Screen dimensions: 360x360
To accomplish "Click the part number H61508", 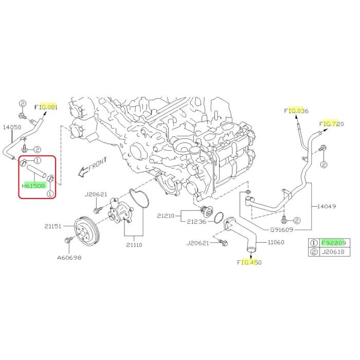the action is pos(34,186).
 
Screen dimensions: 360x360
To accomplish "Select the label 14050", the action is pos(12,127).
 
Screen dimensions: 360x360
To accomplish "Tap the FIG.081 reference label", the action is pos(46,107).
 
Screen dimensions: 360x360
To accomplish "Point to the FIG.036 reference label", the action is pos(296,111).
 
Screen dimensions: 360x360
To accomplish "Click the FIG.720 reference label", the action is pos(332,124).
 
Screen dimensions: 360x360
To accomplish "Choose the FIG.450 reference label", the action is pos(249,262).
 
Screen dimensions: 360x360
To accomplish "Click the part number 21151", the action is pos(53,226).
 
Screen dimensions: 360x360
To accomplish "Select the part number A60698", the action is pos(69,258).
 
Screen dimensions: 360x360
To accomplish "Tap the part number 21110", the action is pos(134,245).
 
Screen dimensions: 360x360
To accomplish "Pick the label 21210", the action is pos(166,216).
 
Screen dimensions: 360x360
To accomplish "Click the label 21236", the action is pos(196,222).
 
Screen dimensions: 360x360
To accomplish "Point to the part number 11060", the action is pos(276,242).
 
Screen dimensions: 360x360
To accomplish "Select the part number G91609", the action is pos(282,229).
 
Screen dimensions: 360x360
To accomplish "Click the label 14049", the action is pos(327,206).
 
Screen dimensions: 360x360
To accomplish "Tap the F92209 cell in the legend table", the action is pos(334,243).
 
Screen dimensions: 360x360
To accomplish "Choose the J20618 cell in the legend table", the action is pos(334,252).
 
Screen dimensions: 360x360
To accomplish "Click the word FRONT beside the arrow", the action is pos(98,164).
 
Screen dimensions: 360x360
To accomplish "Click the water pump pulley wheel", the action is pos(86,232).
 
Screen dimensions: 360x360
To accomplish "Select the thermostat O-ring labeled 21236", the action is pos(219,218).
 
